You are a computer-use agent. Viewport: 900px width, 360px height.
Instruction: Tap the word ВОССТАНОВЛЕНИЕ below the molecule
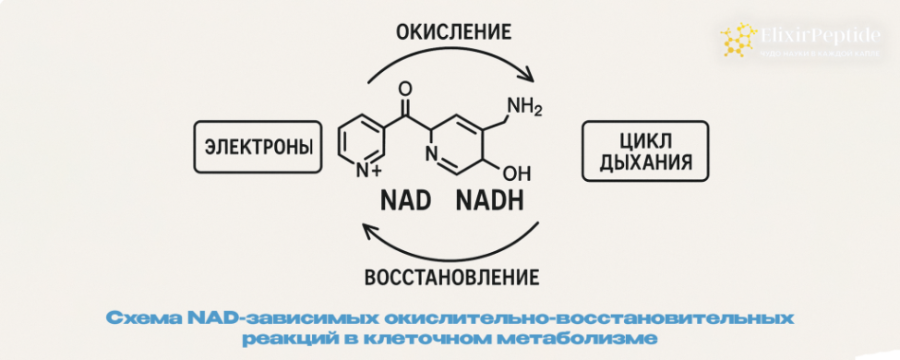click(451, 277)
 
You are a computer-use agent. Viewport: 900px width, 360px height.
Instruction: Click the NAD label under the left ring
click(406, 201)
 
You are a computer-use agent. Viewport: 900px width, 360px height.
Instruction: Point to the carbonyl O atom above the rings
click(402, 90)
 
